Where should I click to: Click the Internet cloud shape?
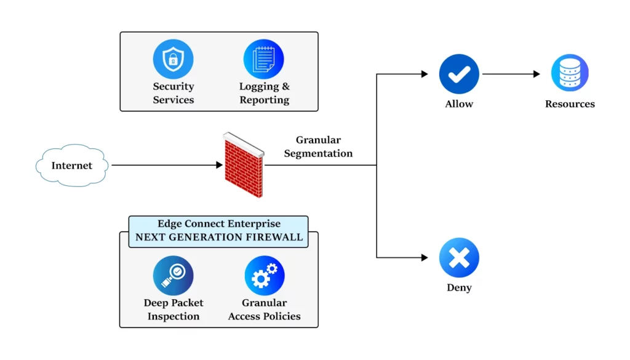[x=72, y=166]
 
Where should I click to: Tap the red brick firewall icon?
[x=243, y=165]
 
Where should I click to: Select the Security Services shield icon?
[x=173, y=59]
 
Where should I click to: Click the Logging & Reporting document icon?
[x=263, y=59]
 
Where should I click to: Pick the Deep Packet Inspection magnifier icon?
[x=173, y=276]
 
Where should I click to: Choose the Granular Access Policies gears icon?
[x=265, y=276]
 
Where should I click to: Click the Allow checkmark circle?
[x=459, y=74]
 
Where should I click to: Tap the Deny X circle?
[x=459, y=258]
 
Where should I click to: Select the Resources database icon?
[x=570, y=73]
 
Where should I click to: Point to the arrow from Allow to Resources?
[x=511, y=74]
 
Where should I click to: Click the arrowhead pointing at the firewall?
[x=218, y=165]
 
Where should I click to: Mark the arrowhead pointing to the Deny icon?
[x=424, y=257]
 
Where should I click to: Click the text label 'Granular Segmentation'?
[x=318, y=147]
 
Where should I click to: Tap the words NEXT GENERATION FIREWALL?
[x=219, y=237]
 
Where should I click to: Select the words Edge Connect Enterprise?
[x=218, y=224]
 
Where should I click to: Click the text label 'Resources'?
[x=570, y=104]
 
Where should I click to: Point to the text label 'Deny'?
[x=459, y=288]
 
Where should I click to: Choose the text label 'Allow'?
[x=459, y=104]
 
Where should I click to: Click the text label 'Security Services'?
[x=173, y=94]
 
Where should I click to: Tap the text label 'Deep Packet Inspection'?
[x=173, y=310]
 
